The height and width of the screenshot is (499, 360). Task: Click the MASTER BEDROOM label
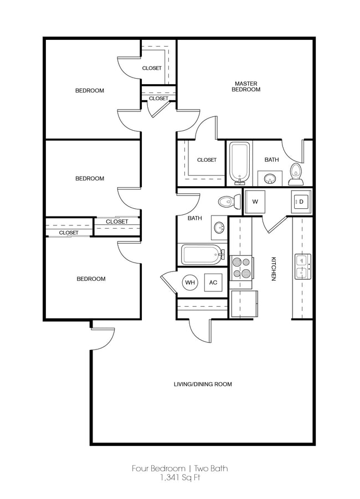[x=245, y=86]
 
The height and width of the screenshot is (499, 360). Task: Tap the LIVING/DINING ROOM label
[x=203, y=384]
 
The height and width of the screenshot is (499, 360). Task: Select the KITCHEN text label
[x=273, y=269]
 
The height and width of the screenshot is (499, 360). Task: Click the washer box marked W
[x=255, y=202]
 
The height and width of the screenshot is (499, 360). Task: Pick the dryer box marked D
[x=302, y=202]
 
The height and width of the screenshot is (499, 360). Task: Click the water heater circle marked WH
[x=191, y=282]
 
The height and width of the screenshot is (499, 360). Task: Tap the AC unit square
[x=213, y=282]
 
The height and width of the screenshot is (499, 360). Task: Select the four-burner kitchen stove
[x=241, y=268]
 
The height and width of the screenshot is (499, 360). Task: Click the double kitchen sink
[x=302, y=266]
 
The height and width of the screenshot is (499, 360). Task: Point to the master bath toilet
[x=296, y=174]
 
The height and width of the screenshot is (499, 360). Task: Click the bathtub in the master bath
[x=240, y=163]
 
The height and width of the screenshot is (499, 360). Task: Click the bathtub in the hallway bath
[x=201, y=255]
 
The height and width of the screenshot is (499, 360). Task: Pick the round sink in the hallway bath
[x=219, y=227]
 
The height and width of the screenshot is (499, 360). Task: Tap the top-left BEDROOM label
[x=89, y=90]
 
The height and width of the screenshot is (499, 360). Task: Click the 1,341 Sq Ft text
[x=180, y=478]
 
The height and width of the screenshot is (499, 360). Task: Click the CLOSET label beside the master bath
[x=207, y=160]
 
